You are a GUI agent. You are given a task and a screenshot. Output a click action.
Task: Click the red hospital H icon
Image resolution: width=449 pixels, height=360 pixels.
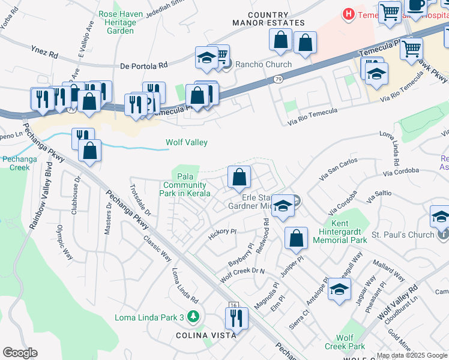click(x=348, y=13)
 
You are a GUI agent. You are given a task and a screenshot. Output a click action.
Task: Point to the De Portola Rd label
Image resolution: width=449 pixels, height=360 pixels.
click(x=143, y=66)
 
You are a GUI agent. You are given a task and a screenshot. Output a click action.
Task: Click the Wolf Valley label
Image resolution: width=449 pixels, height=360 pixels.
click(x=187, y=142)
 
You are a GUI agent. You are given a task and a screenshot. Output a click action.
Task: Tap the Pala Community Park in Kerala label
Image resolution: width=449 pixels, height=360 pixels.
click(x=185, y=185)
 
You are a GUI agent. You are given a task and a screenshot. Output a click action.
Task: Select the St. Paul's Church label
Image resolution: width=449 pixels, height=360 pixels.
click(x=403, y=235)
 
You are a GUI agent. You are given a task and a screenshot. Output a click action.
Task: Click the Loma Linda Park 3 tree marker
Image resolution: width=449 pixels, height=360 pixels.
click(x=193, y=316)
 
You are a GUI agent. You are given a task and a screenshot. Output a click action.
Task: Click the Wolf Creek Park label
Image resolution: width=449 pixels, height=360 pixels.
click(x=345, y=342)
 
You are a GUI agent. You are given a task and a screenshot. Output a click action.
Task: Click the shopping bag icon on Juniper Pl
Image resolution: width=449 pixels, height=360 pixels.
click(x=297, y=238)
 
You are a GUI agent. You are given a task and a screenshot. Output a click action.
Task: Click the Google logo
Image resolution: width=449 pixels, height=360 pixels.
click(x=20, y=353)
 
